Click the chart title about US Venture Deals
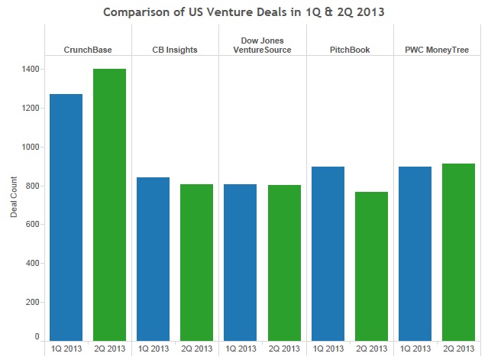(244, 13)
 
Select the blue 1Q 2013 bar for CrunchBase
(66, 217)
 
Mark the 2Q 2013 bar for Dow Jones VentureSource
(284, 263)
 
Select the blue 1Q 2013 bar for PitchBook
(328, 253)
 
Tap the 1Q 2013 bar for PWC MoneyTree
(415, 253)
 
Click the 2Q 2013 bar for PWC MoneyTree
(458, 251)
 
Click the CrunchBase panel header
(88, 50)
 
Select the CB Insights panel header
(175, 50)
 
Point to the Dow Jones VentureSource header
(262, 45)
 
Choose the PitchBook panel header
(349, 50)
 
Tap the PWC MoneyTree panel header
(437, 50)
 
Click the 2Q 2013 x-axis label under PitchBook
(371, 349)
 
